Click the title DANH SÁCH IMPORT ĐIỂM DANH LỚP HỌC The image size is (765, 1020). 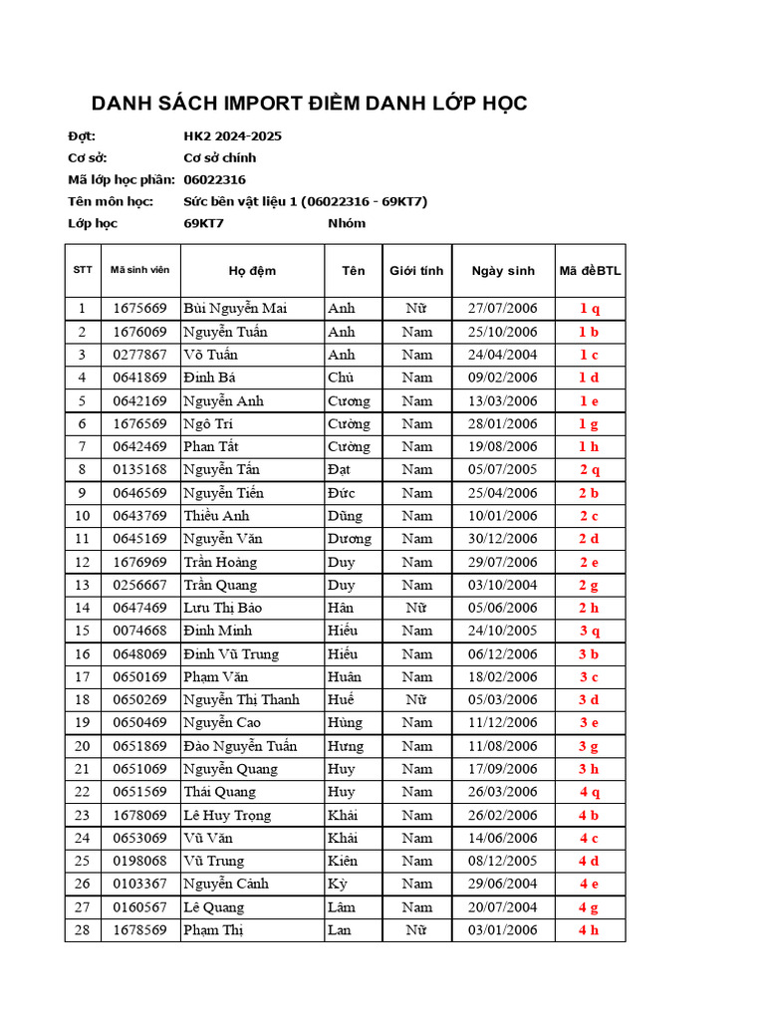point(310,104)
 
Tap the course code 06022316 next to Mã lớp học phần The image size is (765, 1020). point(214,179)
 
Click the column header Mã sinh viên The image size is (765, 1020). point(139,270)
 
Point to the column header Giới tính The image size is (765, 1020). point(416,271)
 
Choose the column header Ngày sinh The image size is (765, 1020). point(503,271)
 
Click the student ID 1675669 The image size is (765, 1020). point(139,309)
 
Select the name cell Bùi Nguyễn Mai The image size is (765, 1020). point(235,309)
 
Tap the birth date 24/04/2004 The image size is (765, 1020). point(503,355)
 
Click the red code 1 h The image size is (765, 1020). point(590,447)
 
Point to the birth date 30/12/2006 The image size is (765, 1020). point(503,539)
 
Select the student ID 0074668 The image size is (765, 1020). point(139,631)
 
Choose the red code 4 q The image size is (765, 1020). point(590,793)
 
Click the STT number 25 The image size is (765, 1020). point(82,862)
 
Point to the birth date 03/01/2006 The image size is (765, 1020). point(503,930)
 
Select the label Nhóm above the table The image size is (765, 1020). point(347,223)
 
